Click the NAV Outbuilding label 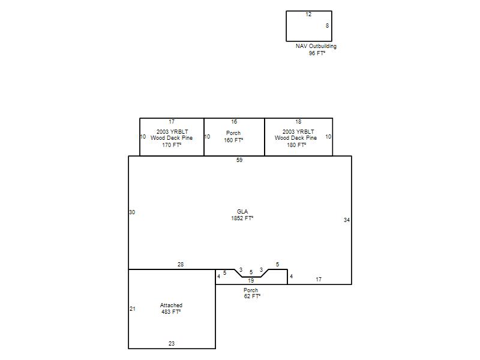pos(316,46)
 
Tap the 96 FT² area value pos(317,53)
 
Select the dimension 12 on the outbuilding pos(308,14)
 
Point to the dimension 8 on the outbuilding pos(327,26)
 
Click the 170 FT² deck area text pos(172,145)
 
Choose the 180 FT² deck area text pos(296,145)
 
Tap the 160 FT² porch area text pos(233,140)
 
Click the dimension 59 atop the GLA pos(239,160)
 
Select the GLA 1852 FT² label pos(242,215)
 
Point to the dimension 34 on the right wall pos(347,220)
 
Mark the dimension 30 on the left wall pos(132,212)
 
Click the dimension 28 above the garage pos(181,265)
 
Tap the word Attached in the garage pos(171,305)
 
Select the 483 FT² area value pos(171,312)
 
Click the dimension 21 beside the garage pos(133,309)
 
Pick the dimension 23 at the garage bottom pos(172,344)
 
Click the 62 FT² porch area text pos(252,296)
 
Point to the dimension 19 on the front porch pos(251,281)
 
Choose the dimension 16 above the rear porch pos(234,122)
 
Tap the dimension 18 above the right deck pos(298,122)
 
